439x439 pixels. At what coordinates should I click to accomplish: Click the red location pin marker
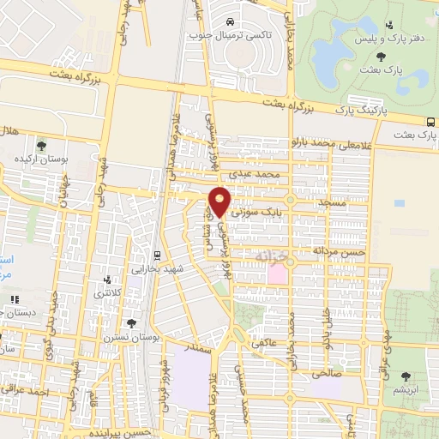220,201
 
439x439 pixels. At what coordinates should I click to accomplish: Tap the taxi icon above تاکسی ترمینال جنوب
232,21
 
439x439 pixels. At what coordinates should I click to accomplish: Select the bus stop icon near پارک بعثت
430,121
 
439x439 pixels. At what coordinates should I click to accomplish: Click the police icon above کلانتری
107,280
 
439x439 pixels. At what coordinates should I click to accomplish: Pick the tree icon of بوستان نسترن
131,322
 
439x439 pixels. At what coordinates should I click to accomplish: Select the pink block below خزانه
278,274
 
